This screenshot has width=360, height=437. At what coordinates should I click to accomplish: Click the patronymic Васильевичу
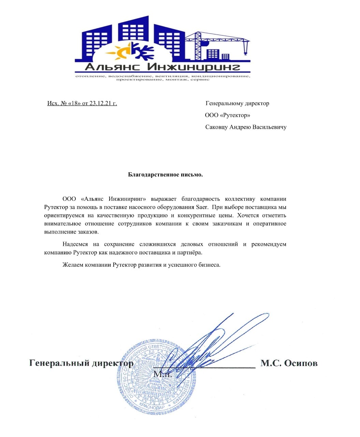pos(269,127)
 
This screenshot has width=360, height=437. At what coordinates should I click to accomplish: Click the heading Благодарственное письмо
pos(165,175)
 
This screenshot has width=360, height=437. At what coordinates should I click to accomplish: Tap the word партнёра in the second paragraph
pos(190,253)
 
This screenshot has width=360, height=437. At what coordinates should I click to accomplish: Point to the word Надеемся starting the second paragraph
pos(75,244)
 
